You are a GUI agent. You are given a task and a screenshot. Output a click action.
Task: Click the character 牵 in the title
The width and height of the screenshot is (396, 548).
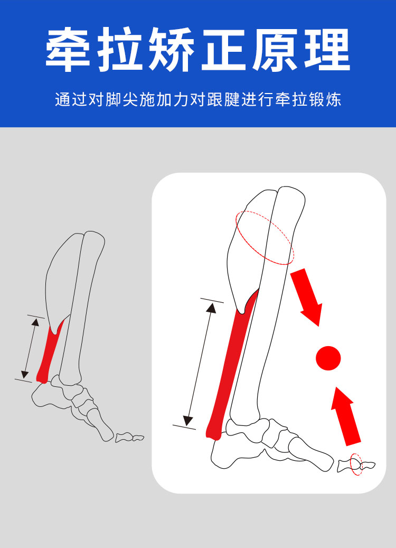coord(68,50)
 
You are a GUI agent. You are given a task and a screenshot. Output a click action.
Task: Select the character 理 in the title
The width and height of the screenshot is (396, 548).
coord(327,50)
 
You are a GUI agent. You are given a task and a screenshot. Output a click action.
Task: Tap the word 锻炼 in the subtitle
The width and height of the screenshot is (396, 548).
coord(325,99)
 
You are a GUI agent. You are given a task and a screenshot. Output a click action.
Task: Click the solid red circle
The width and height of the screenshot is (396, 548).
coord(328,358)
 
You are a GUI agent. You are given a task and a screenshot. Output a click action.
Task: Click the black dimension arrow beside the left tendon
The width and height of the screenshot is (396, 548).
coord(30,348)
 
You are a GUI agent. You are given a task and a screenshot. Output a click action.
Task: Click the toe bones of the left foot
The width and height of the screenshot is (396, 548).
coord(129,437)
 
